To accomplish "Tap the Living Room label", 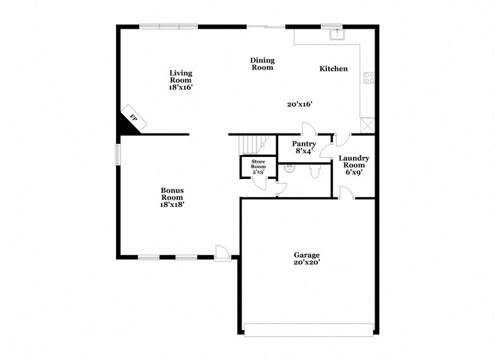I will [x=181, y=79].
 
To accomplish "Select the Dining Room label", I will [x=262, y=64].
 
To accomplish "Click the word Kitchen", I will [x=333, y=68].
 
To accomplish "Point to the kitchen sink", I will [x=337, y=34].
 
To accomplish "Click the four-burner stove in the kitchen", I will [x=369, y=77].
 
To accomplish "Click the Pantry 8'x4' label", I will [x=304, y=147].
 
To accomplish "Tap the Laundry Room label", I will [x=354, y=165].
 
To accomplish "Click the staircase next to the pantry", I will [x=252, y=143].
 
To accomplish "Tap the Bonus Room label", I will [x=173, y=197].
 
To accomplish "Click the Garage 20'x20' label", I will [x=307, y=258].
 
